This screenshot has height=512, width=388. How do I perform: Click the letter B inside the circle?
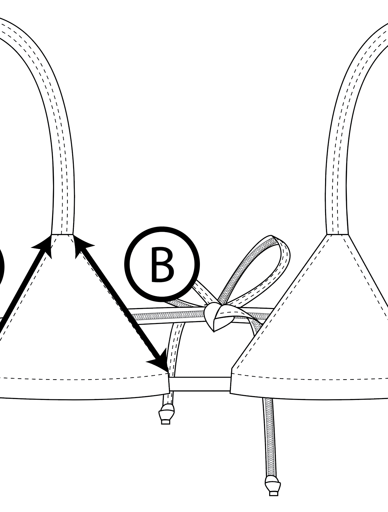pos(163,265)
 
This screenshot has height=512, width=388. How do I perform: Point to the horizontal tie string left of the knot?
pos(166,316)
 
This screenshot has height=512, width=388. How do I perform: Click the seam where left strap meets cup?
pos(63,235)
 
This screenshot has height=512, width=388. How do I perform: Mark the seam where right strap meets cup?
pos(337,235)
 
